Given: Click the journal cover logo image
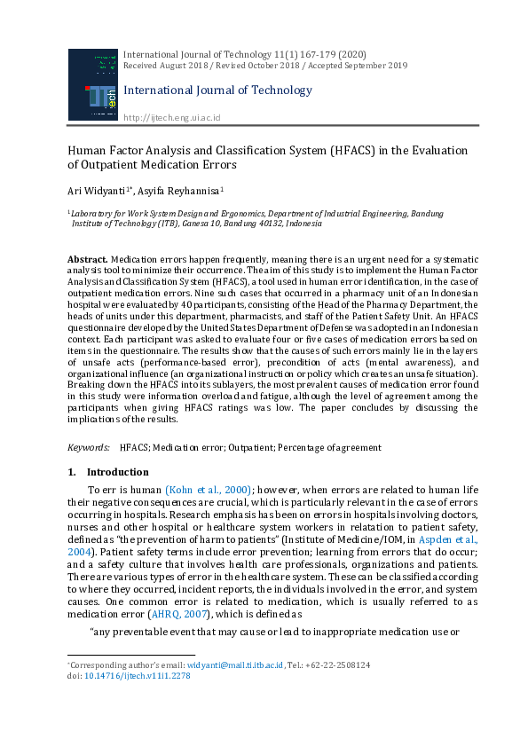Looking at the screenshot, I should click(92, 84).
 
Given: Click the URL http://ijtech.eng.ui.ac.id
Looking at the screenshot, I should click(171, 118).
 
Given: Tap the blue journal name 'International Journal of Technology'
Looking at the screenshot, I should click(217, 90).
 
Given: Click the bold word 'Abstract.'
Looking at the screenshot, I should click(87, 258).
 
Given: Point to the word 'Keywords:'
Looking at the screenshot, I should click(90, 449).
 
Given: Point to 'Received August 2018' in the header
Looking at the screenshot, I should click(163, 66).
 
